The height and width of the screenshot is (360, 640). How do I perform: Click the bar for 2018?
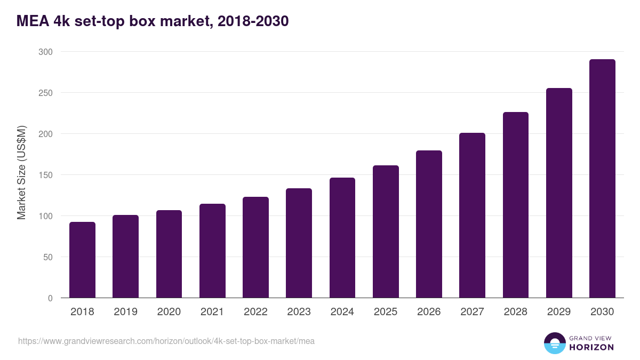[82, 260]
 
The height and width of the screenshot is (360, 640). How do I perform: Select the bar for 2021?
[212, 251]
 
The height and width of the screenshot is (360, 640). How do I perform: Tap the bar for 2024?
[342, 238]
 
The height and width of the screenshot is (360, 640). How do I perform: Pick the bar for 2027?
[472, 215]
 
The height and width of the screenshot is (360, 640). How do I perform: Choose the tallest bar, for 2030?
[602, 179]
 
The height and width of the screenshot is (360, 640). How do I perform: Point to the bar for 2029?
[559, 193]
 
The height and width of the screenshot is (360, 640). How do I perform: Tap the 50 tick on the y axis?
[47, 257]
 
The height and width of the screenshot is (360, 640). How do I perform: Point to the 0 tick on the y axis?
[50, 298]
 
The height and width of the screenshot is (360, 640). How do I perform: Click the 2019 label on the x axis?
[125, 312]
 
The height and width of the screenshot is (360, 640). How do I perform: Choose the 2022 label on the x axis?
[255, 312]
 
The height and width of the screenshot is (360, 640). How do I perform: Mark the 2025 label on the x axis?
[386, 312]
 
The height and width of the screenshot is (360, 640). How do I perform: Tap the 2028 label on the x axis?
[515, 312]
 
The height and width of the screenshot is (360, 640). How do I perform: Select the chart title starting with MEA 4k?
[153, 21]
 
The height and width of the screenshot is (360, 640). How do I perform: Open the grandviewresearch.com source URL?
[166, 341]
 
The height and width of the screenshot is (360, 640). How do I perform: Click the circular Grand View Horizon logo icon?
[555, 343]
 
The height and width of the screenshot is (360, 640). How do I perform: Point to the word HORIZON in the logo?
[591, 347]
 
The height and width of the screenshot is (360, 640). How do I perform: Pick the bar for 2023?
[299, 243]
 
